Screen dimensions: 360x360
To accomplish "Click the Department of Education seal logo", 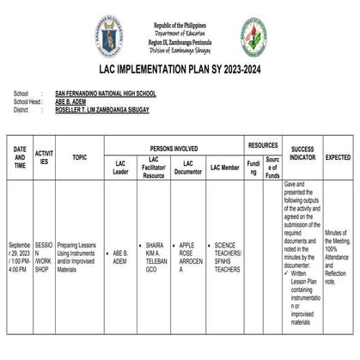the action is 110,36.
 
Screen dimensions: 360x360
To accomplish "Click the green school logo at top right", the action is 253,37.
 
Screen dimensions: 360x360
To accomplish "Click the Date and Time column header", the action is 20,157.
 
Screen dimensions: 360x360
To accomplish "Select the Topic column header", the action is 80,158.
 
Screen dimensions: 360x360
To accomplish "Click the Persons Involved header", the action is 174,148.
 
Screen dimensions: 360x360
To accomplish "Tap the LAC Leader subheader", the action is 120,168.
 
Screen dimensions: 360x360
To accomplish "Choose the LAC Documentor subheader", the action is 187,168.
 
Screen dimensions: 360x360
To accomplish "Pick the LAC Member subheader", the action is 224,168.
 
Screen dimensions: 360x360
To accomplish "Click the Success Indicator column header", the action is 302,154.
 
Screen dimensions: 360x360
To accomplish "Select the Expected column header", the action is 338,158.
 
